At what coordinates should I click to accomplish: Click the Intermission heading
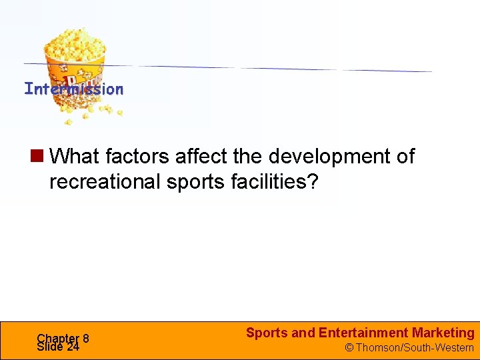[x=73, y=89]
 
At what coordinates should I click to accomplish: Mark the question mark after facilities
[x=314, y=182]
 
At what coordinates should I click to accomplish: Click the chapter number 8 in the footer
[x=86, y=338]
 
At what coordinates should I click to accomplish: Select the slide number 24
[x=73, y=347]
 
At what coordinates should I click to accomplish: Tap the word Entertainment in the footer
[x=363, y=333]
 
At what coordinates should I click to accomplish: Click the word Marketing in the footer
[x=443, y=333]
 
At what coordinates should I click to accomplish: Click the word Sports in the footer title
[x=267, y=333]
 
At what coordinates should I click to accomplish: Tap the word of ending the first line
[x=405, y=157]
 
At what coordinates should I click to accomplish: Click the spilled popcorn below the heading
[x=93, y=113]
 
